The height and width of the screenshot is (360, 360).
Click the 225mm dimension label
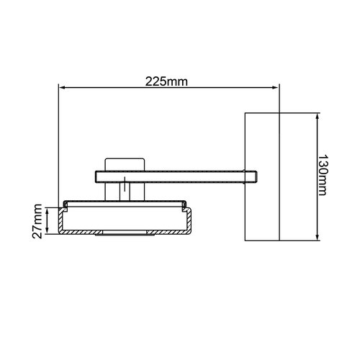click(168, 81)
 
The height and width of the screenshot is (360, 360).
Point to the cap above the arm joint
click(127, 163)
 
